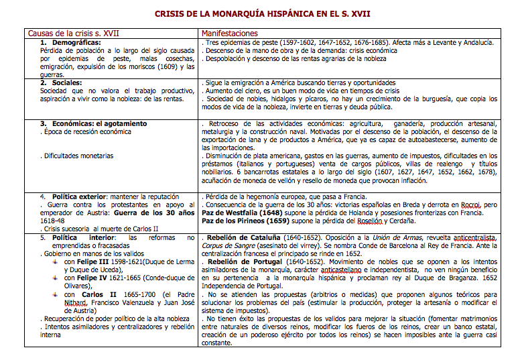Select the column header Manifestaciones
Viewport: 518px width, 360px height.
tap(230, 33)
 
